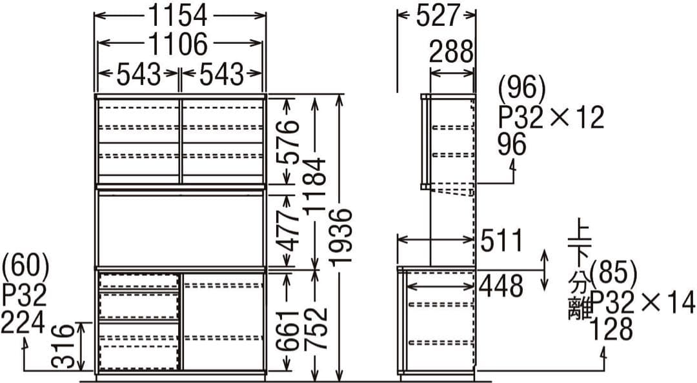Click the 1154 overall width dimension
pos(177,15)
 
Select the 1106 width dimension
pos(177,44)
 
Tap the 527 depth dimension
pos(437,15)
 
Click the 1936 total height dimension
pos(342,237)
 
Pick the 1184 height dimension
pos(316,186)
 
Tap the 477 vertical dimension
pos(288,231)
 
